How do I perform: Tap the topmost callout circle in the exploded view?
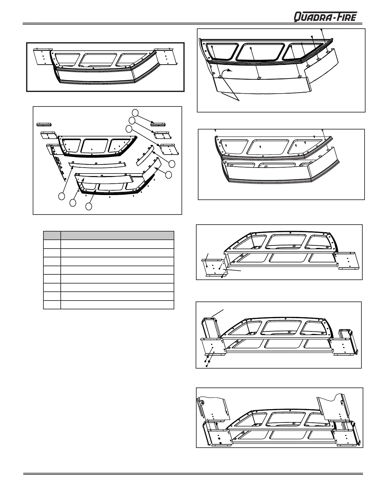coord(135,112)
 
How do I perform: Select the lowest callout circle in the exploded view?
coord(89,206)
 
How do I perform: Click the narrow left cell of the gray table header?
coord(52,236)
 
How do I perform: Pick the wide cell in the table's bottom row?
coord(117,305)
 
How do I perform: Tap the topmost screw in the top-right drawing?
coord(321,29)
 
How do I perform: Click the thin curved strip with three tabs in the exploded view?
coord(97,164)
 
